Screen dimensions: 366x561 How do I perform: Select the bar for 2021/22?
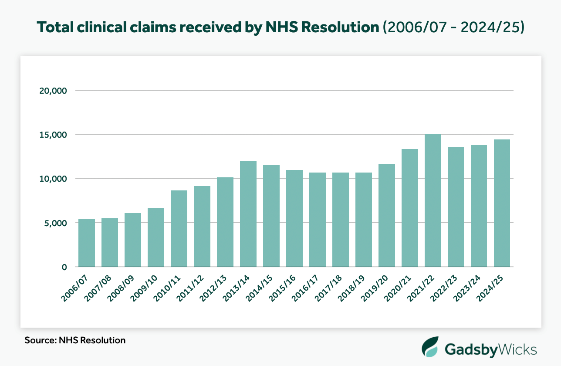click(433, 200)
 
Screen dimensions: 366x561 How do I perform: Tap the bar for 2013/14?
click(248, 214)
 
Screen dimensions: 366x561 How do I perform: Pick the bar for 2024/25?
click(502, 203)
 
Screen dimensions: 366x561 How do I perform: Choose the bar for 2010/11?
click(179, 228)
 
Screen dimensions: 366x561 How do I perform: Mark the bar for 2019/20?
click(387, 215)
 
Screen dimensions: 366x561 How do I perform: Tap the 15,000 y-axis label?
click(53, 135)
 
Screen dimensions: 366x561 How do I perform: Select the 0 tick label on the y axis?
click(64, 267)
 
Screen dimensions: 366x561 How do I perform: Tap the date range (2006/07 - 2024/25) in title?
click(453, 27)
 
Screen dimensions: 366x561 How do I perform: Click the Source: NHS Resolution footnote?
click(75, 340)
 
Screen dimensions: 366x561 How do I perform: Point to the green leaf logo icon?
click(431, 347)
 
